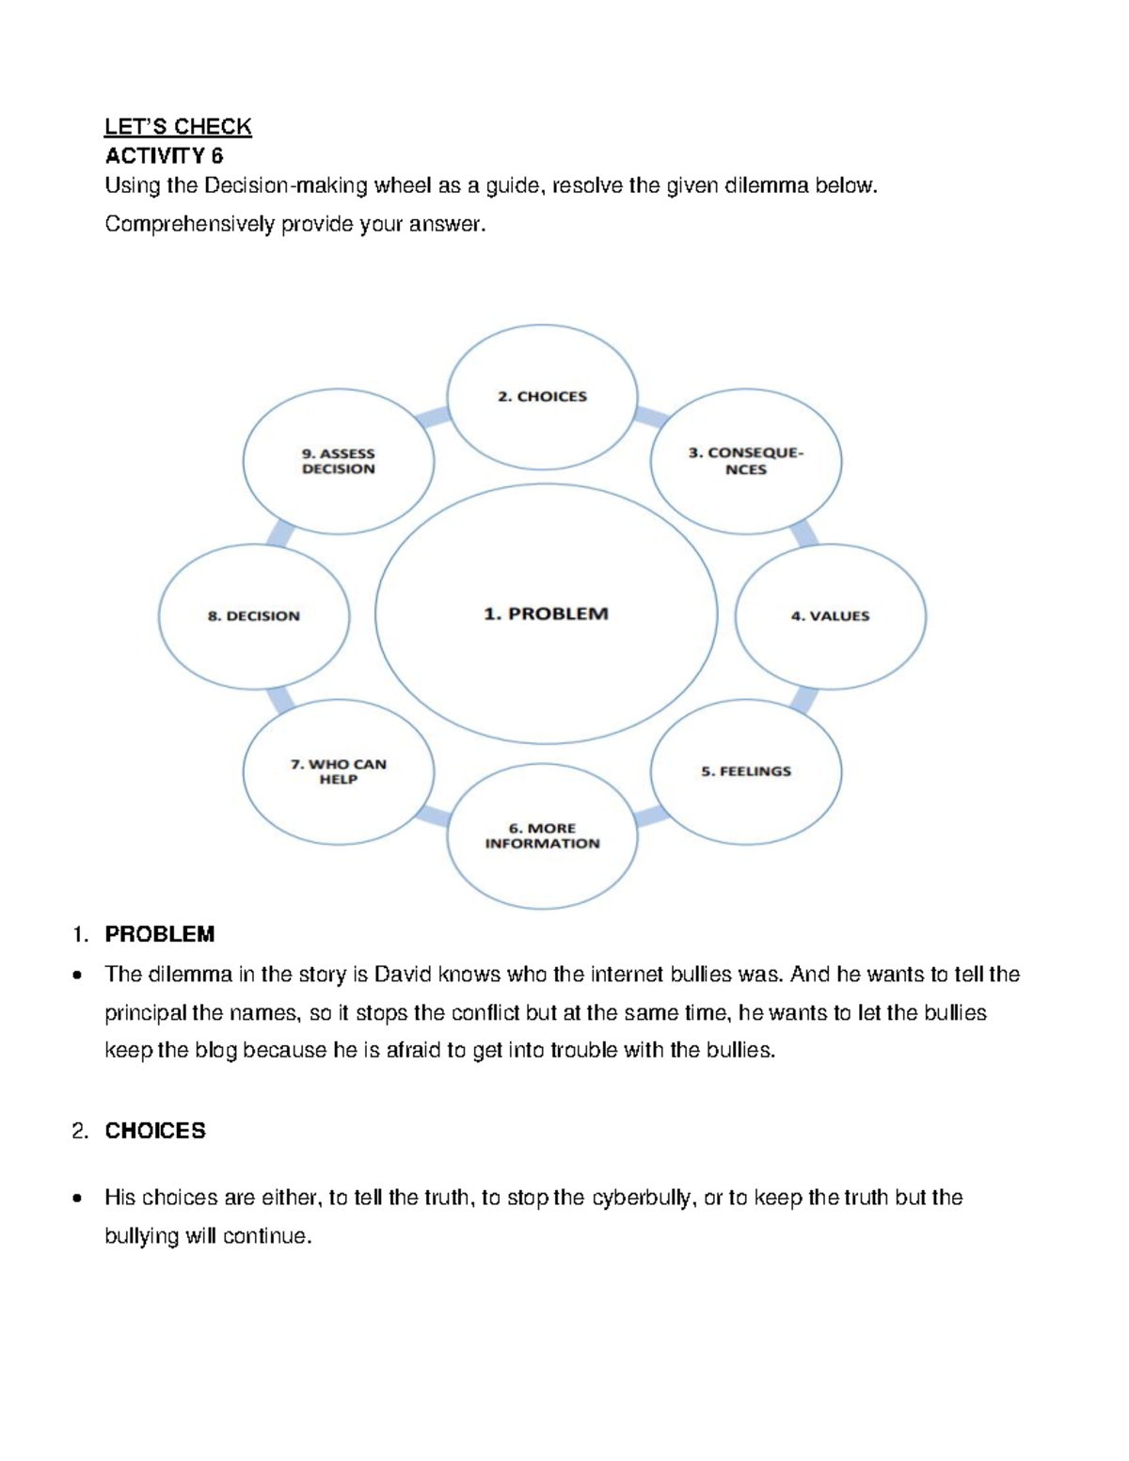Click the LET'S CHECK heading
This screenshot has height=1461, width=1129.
click(178, 127)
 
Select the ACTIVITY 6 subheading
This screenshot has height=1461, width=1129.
click(164, 156)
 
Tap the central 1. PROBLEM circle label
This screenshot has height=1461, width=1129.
click(546, 614)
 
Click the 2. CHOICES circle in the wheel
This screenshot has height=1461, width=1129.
click(542, 397)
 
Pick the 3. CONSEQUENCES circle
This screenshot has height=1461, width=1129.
click(746, 461)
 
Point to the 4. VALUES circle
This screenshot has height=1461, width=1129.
click(830, 616)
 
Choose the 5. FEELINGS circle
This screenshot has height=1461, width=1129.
click(746, 771)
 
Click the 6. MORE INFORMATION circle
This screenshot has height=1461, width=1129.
click(542, 836)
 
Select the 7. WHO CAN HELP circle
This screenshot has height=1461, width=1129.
click(339, 771)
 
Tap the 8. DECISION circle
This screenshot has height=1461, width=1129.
click(254, 616)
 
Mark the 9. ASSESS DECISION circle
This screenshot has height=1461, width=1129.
click(339, 461)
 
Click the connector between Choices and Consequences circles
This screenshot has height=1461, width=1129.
click(650, 416)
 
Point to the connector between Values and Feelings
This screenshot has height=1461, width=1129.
click(803, 699)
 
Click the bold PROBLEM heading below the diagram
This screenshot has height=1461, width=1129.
click(160, 934)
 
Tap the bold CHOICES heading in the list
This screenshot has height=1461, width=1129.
click(155, 1131)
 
